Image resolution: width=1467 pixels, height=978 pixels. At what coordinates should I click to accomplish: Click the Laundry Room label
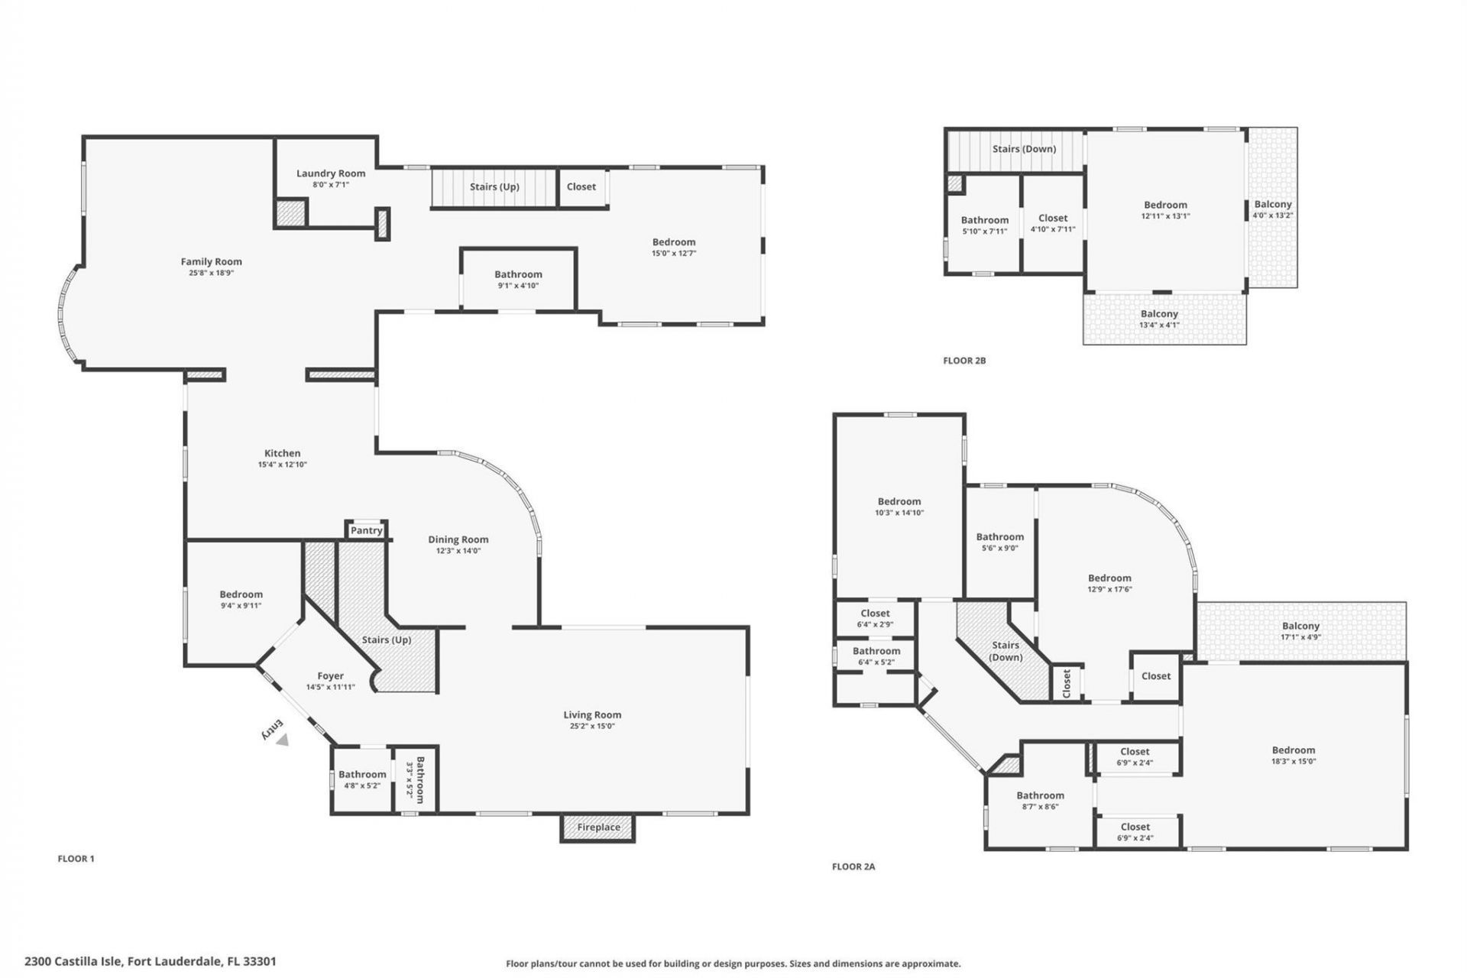(331, 173)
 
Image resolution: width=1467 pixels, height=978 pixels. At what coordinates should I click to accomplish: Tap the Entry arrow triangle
(283, 740)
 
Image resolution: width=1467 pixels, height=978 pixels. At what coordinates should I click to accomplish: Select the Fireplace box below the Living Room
(598, 827)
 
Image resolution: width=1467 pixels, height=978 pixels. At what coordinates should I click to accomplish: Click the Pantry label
(366, 530)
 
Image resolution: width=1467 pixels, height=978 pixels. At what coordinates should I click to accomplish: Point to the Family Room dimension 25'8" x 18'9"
(211, 273)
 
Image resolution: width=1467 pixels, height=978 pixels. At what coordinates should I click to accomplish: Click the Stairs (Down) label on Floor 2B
(1024, 149)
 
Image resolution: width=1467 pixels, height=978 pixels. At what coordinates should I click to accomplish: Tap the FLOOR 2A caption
(853, 866)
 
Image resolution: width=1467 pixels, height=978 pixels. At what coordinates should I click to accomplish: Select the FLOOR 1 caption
(76, 859)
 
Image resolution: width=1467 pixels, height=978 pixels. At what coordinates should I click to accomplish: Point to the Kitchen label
(282, 453)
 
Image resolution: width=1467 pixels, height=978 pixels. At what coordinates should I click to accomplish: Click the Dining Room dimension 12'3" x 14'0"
(458, 551)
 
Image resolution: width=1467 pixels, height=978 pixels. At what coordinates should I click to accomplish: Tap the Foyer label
(330, 676)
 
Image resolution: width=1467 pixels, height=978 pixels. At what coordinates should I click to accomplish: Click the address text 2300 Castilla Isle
(150, 961)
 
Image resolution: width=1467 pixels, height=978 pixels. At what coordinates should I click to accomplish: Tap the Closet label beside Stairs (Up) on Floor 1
(581, 186)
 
